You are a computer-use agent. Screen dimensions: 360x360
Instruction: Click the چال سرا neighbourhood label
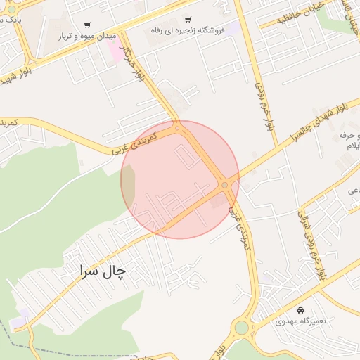[103, 269]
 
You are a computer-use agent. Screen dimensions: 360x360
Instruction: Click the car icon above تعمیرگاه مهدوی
[301, 310]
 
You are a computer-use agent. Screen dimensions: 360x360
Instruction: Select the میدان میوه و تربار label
[86, 35]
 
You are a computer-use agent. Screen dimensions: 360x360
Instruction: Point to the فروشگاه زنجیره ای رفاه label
[187, 31]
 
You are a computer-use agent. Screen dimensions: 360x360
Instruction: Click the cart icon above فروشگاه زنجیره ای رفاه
[188, 19]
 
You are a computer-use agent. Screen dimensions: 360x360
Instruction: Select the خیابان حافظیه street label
[288, 17]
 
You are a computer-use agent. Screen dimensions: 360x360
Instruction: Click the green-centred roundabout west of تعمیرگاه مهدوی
[242, 327]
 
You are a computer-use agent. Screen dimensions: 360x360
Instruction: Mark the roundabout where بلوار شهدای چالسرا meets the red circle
[225, 185]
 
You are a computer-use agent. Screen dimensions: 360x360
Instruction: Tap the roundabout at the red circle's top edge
[178, 128]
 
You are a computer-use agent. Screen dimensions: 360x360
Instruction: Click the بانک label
[10, 20]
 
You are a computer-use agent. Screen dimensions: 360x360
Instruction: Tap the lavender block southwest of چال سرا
[20, 317]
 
